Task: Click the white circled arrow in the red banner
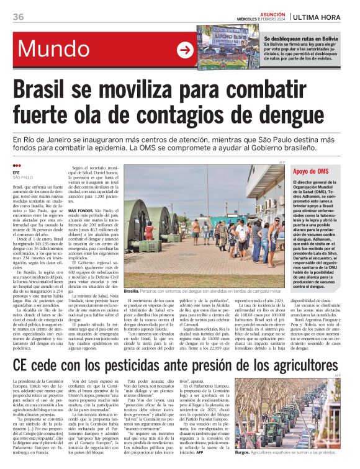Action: click(185, 50)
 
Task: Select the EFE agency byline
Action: click(17, 173)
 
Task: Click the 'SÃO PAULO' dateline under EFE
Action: click(22, 178)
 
